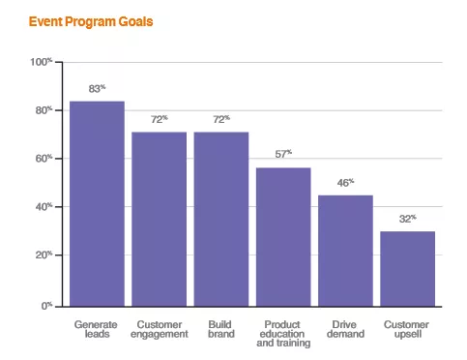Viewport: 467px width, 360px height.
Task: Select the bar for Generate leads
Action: pyautogui.click(x=97, y=203)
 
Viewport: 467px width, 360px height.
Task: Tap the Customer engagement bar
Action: pyautogui.click(x=159, y=219)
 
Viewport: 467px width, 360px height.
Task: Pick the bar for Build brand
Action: pyautogui.click(x=221, y=219)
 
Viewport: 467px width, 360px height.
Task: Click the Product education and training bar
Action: pyautogui.click(x=283, y=236)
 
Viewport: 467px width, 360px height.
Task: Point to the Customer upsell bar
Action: pyautogui.click(x=407, y=268)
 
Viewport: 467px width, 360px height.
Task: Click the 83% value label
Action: pyautogui.click(x=97, y=88)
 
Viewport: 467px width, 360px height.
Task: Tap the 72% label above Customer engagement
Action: pyautogui.click(x=159, y=119)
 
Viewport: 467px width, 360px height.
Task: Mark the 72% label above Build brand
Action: pyautogui.click(x=221, y=119)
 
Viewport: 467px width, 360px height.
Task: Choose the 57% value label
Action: pyautogui.click(x=283, y=154)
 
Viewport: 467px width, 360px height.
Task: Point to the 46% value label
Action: pyautogui.click(x=345, y=182)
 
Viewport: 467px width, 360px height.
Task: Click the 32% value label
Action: pyautogui.click(x=407, y=219)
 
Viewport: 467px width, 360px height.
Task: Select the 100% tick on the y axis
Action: pyautogui.click(x=42, y=63)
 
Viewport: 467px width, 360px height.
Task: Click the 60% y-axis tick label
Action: pyautogui.click(x=44, y=159)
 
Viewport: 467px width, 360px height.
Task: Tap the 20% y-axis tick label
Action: pyautogui.click(x=44, y=255)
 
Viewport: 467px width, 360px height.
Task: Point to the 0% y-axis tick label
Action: pyautogui.click(x=46, y=305)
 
